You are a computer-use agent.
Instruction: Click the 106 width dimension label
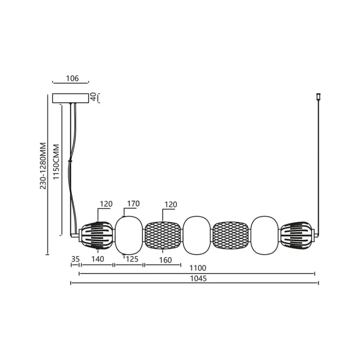(x=72, y=79)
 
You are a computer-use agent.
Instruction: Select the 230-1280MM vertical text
(x=43, y=166)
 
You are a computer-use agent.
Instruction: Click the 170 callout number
(x=133, y=204)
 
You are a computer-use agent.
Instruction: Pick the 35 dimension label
(x=75, y=259)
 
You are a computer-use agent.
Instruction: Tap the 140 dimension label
(x=98, y=259)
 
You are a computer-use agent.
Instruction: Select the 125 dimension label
(x=132, y=259)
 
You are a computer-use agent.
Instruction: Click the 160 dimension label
(x=166, y=260)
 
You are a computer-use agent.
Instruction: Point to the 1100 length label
(x=198, y=268)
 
